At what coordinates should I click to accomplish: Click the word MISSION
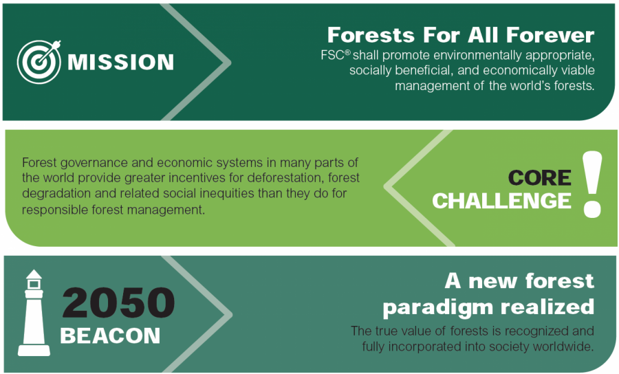[120, 63]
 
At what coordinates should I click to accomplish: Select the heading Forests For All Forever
[460, 34]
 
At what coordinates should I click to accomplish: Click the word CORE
[539, 178]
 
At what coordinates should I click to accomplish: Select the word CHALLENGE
[501, 201]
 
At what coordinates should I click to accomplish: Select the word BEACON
[110, 335]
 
